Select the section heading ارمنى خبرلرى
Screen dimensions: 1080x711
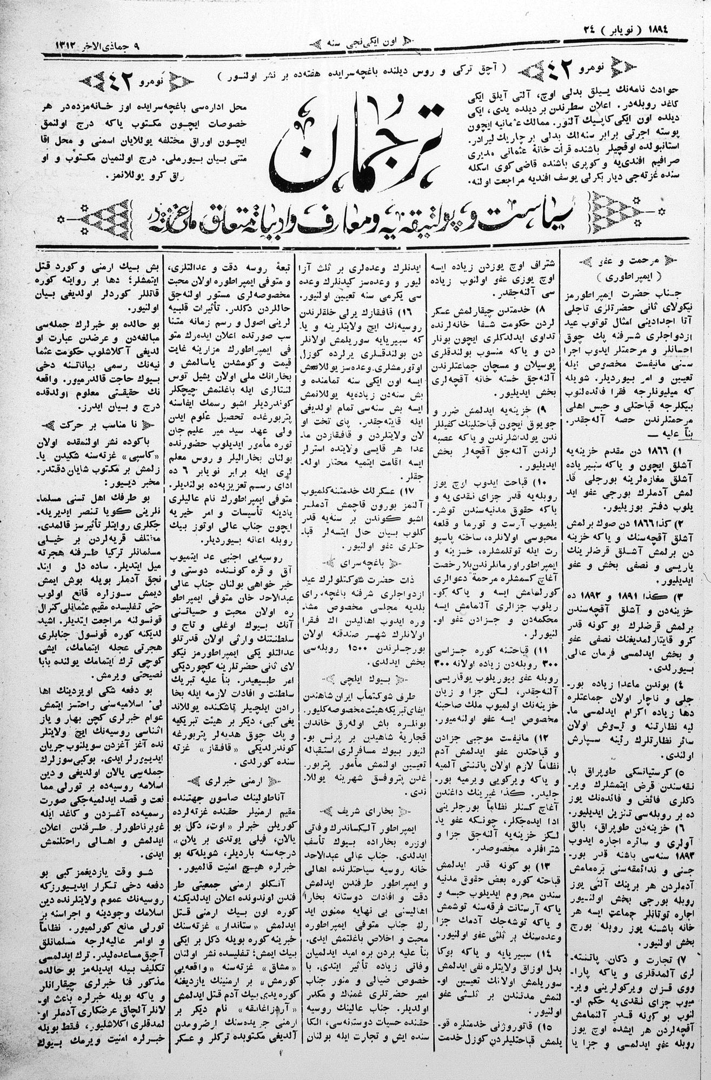[x=227, y=781]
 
